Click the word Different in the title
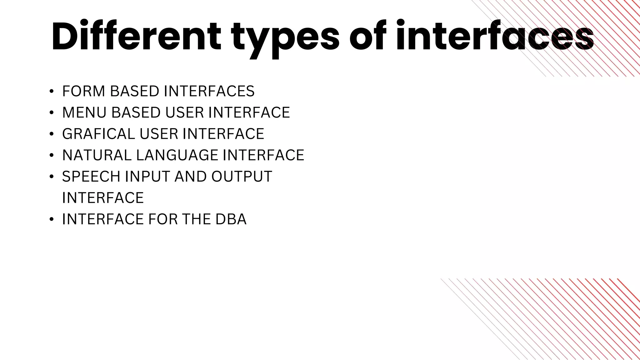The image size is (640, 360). point(136,37)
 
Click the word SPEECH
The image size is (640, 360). point(91,177)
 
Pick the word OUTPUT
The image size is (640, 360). point(242,177)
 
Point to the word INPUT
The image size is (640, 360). point(147,177)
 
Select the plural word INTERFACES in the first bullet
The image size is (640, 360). point(209,92)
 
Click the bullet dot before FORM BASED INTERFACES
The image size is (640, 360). point(52,92)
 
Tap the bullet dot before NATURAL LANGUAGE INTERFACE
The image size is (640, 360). point(52,156)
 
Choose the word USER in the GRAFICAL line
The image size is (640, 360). point(158,134)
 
